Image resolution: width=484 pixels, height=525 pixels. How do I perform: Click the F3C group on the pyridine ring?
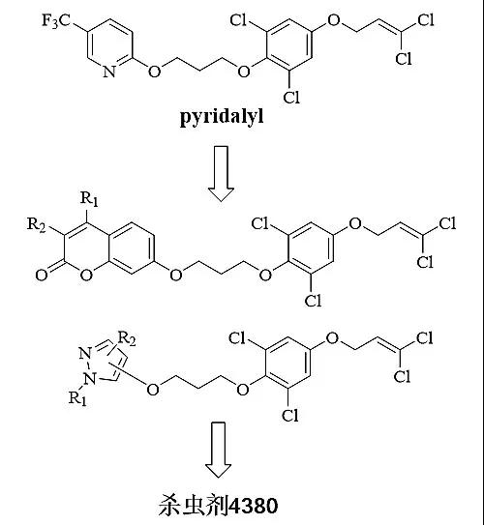[57, 20]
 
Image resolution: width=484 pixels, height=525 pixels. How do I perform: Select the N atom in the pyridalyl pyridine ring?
[109, 72]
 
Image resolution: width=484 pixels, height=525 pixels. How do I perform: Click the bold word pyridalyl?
[222, 117]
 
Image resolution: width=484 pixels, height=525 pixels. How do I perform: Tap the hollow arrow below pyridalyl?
[221, 173]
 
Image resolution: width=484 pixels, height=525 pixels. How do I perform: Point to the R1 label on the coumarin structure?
[89, 198]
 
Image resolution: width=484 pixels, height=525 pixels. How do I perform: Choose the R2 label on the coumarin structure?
[36, 224]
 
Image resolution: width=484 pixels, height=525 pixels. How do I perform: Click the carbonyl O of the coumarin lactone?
[42, 275]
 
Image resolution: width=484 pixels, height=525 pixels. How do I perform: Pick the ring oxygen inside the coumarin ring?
[86, 275]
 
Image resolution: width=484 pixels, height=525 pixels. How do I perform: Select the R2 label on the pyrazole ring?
[127, 338]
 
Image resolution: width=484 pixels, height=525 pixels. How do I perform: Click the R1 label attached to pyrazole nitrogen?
[77, 398]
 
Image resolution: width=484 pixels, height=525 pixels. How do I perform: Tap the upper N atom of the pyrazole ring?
[86, 353]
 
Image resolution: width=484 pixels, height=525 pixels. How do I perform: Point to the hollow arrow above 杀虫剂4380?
[218, 450]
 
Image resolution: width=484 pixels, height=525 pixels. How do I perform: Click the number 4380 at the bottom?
[253, 506]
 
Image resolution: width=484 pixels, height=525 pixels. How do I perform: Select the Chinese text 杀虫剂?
[193, 506]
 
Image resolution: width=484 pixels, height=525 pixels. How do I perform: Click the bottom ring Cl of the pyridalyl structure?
[291, 97]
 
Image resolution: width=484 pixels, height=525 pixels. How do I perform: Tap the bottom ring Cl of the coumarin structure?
[313, 301]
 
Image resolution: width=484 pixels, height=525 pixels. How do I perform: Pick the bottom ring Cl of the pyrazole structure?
[290, 415]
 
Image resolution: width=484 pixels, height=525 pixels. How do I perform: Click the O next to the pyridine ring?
[154, 72]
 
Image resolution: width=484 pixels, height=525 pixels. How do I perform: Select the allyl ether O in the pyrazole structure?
[332, 338]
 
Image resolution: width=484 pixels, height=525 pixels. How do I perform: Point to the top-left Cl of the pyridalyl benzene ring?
[238, 20]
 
